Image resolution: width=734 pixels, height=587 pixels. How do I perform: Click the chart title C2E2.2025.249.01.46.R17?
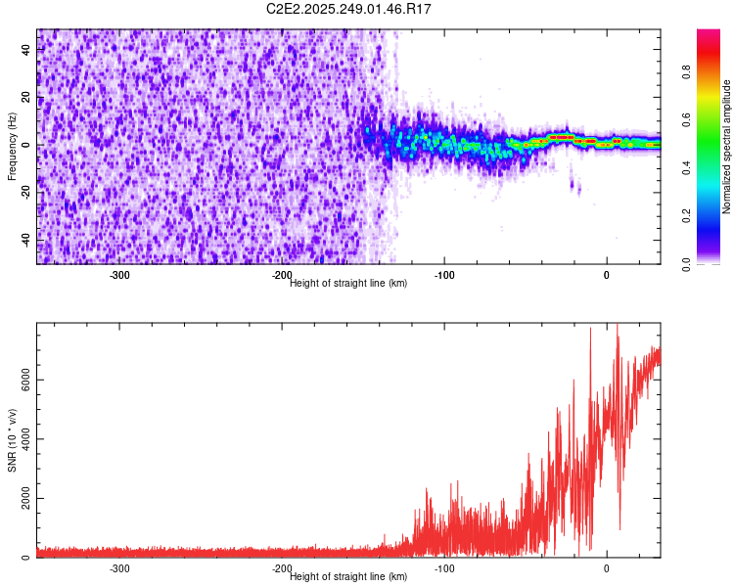(349, 9)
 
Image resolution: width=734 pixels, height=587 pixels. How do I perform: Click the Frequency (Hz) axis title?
(12, 146)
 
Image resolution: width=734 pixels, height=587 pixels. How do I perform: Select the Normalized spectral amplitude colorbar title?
(727, 147)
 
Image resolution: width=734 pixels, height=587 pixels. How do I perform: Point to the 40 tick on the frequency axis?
(26, 51)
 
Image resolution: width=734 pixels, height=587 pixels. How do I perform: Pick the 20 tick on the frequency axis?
(26, 98)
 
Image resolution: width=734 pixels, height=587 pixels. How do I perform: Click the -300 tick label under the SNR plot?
(119, 568)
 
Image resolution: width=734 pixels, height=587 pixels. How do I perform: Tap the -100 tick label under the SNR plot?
(444, 568)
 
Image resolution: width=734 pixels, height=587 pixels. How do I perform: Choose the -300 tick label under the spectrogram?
(119, 275)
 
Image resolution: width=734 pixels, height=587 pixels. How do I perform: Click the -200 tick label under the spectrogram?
(282, 275)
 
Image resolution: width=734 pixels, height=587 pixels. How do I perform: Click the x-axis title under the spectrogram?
(348, 283)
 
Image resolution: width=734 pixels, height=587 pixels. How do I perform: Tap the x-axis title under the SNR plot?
(348, 576)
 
